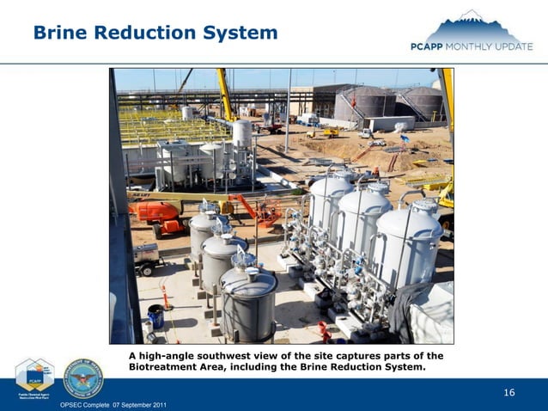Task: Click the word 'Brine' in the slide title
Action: [59, 33]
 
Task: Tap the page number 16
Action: [509, 393]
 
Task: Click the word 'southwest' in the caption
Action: [222, 355]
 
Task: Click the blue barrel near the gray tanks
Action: [155, 316]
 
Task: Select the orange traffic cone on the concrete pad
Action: [165, 297]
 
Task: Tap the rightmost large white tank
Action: [409, 245]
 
